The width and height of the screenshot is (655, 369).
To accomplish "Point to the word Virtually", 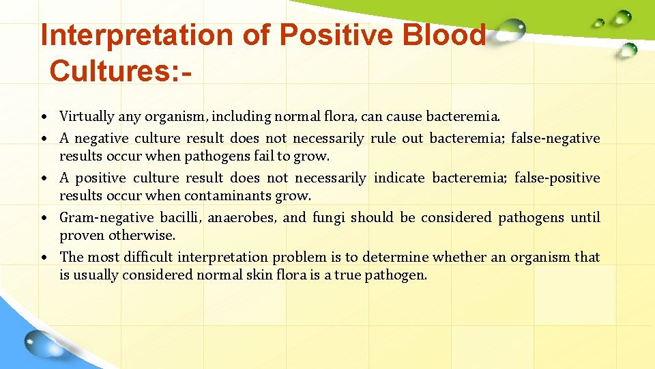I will point(87,116).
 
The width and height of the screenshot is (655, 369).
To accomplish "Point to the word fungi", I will point(330,218).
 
